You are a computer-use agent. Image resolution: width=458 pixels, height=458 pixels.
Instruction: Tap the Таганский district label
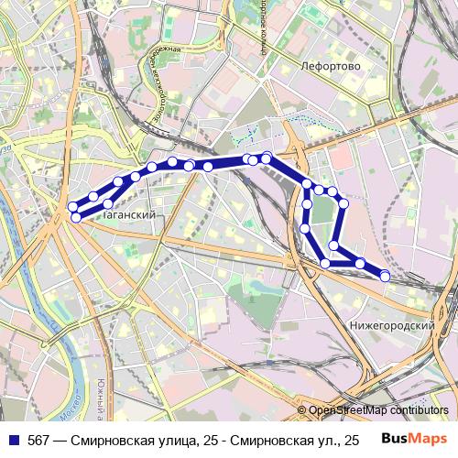[127, 214]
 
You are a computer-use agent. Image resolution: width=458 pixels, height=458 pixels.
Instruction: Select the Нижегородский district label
[392, 325]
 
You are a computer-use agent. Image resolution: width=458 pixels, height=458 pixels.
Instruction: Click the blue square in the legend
[14, 441]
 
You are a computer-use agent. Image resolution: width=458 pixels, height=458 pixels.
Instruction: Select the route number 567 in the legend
[38, 441]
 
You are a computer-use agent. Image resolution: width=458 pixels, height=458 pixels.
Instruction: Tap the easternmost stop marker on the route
[385, 276]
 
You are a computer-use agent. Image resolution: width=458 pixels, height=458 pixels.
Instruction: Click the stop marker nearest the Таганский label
[108, 203]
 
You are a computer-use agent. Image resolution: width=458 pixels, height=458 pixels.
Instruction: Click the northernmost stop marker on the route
[267, 158]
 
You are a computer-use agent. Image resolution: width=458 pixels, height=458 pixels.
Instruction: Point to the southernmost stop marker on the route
[385, 276]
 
